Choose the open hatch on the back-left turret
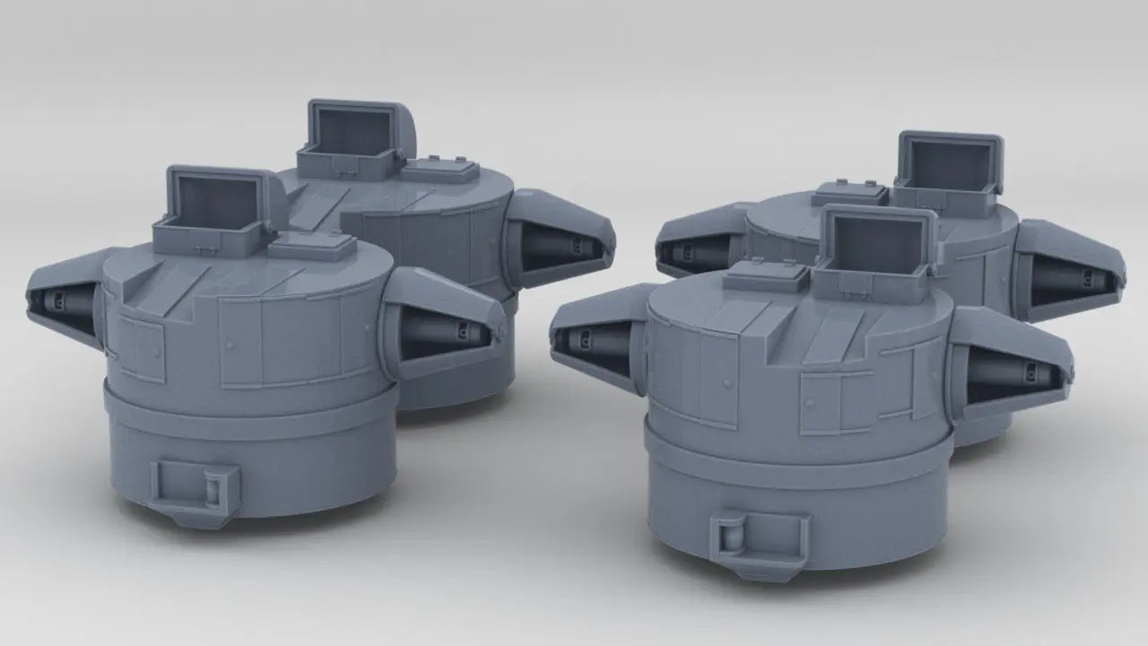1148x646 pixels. coord(352,133)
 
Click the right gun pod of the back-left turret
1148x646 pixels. coord(561,239)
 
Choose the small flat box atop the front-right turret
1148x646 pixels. coord(761,275)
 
